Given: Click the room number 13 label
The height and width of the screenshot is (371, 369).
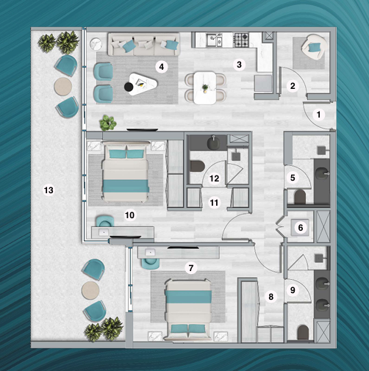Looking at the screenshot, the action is click(49, 190).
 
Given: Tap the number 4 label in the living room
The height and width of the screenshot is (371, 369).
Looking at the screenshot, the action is click(162, 67).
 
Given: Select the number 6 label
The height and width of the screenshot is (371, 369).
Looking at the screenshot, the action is click(301, 228).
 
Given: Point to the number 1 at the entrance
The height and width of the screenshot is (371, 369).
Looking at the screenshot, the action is click(318, 115).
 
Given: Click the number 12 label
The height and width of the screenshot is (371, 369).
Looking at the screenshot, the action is click(214, 179).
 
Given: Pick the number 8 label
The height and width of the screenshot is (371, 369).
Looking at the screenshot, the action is click(271, 297).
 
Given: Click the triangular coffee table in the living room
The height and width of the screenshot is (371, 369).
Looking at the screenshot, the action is click(143, 84).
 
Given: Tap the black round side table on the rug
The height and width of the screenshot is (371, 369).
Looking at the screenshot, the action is click(128, 87).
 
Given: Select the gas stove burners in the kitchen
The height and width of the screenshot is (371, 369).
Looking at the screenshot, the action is click(241, 40).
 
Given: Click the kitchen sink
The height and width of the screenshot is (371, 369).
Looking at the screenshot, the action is click(214, 40).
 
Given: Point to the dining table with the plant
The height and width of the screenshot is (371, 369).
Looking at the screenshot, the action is click(205, 87).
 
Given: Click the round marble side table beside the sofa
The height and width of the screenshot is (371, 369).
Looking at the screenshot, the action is click(96, 44).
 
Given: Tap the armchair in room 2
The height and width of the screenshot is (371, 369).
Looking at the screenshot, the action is click(313, 47).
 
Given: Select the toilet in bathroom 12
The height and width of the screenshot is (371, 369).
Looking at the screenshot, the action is click(197, 166).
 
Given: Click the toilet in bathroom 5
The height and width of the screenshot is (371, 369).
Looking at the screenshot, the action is click(300, 197).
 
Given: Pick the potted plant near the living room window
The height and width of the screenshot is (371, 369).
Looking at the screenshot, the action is click(107, 123).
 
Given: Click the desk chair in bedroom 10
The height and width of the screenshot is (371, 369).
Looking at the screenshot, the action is click(105, 221).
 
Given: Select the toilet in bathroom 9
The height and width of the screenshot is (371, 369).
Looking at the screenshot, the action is click(303, 332).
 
